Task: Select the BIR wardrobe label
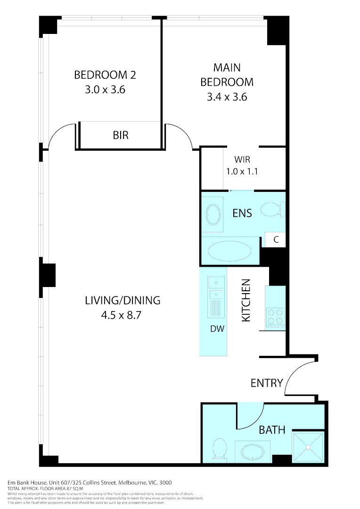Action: coord(120,136)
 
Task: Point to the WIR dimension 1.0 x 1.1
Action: coord(241,172)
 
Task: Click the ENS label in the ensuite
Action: coord(242,213)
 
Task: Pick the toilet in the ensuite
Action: coord(272,209)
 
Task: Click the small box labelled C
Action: coord(276,239)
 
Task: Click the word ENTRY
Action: coord(266,383)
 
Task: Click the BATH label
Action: coord(272,430)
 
